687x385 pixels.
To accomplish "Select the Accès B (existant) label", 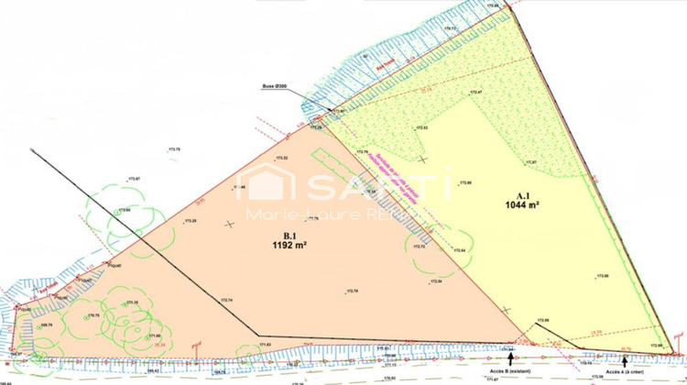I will [x=509, y=370].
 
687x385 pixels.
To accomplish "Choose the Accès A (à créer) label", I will [x=623, y=370].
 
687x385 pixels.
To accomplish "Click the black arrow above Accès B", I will [x=511, y=358].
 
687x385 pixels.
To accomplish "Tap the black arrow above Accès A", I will [x=624, y=359].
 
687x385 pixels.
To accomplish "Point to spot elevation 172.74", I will [x=226, y=300].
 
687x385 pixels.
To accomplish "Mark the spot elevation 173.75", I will [x=172, y=148].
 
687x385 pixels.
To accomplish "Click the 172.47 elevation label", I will [x=475, y=93].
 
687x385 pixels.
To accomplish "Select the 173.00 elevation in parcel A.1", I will [x=602, y=275].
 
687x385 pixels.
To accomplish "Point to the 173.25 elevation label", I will [x=191, y=221].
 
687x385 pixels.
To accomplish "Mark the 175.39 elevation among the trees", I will [x=133, y=302].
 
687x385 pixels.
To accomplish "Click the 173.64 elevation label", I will [x=124, y=210].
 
